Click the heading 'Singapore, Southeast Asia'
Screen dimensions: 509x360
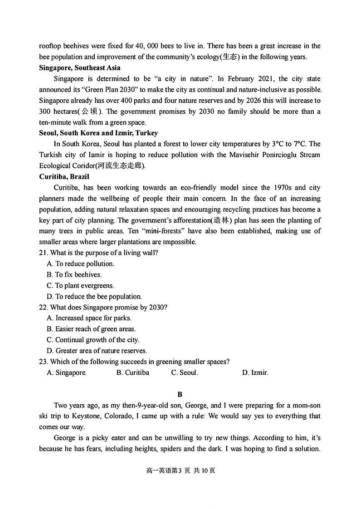(80, 68)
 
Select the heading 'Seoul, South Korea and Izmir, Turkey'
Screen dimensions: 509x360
(98, 133)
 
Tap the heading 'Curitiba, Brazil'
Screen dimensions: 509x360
(64, 177)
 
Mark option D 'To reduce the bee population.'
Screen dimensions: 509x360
(94, 296)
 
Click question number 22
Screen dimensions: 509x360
(44, 307)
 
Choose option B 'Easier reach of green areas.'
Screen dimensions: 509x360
(91, 329)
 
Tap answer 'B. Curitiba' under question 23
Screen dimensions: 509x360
(132, 373)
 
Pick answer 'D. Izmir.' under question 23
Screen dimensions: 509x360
(255, 373)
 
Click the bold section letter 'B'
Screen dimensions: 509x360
(180, 395)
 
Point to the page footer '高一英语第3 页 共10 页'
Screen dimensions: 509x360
(180, 470)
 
